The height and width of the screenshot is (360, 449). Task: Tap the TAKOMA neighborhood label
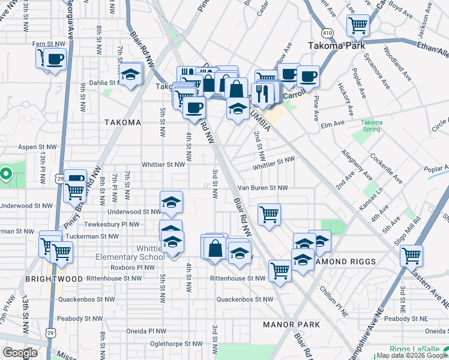pyautogui.click(x=122, y=122)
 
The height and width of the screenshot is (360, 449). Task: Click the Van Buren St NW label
pyautogui.click(x=262, y=188)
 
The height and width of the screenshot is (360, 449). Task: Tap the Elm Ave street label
pyautogui.click(x=333, y=123)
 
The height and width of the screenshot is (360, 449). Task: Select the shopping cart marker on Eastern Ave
pyautogui.click(x=411, y=255)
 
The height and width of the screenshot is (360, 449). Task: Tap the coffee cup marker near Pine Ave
pyautogui.click(x=308, y=76)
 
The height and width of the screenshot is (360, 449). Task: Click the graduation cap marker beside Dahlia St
pyautogui.click(x=130, y=76)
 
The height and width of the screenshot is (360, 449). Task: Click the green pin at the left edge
pyautogui.click(x=6, y=175)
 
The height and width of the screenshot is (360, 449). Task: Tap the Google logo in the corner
pyautogui.click(x=20, y=353)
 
